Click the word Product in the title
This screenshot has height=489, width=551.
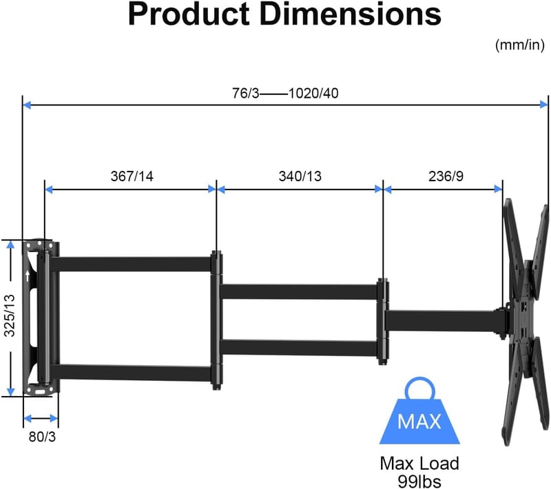click(x=188, y=14)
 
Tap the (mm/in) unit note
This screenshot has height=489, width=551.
click(x=520, y=45)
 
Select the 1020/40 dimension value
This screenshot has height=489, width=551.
click(x=313, y=94)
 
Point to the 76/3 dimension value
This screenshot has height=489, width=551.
click(x=245, y=94)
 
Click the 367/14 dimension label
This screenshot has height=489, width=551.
click(x=132, y=176)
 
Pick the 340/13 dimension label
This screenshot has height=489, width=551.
click(x=300, y=176)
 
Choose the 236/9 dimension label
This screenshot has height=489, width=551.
click(x=446, y=176)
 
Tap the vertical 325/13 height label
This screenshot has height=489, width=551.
click(x=10, y=316)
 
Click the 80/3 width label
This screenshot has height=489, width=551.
click(x=42, y=437)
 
